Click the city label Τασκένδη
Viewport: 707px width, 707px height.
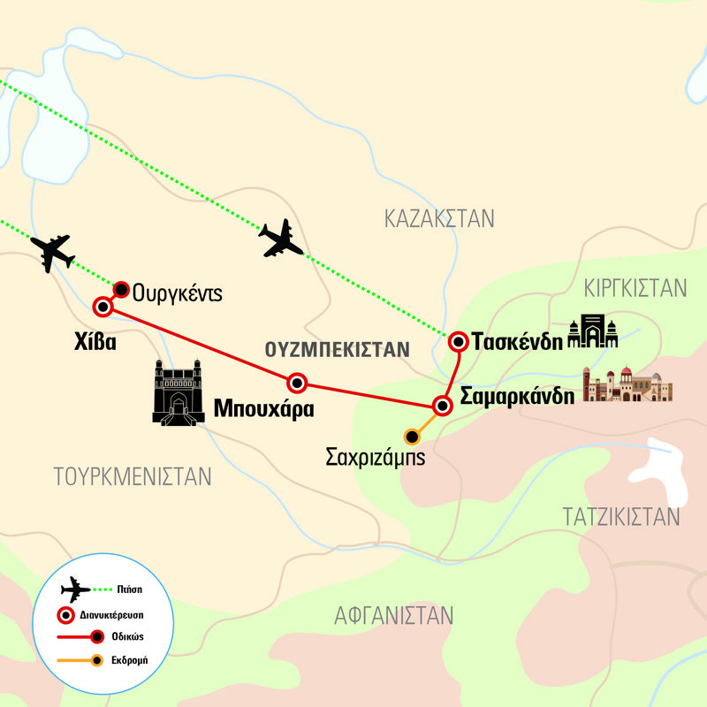(x=516, y=341)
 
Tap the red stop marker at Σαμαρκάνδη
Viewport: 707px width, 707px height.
(x=443, y=406)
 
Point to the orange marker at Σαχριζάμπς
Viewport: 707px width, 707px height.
(x=411, y=436)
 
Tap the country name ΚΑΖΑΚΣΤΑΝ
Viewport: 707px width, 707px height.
(x=440, y=218)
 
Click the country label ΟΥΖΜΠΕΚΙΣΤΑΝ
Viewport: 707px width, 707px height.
(x=338, y=349)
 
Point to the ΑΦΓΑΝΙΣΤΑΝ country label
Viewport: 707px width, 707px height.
(x=393, y=615)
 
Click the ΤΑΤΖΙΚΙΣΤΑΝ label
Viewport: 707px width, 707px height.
(x=621, y=516)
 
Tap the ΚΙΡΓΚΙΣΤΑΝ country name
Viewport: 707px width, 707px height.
(x=635, y=288)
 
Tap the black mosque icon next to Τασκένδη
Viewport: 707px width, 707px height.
(x=593, y=332)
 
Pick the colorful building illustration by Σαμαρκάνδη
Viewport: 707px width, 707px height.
(x=627, y=385)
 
